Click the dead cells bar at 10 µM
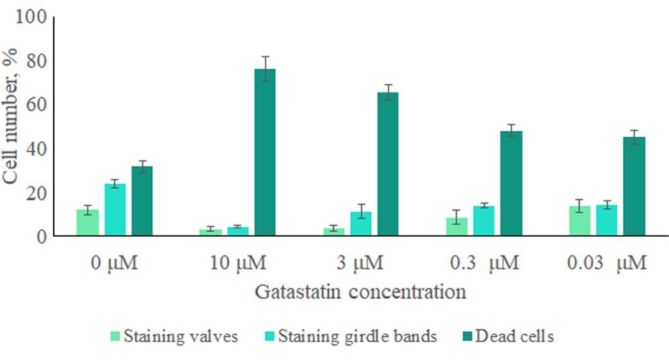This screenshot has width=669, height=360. coord(265,152)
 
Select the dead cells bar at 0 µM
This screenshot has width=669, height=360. coord(142,201)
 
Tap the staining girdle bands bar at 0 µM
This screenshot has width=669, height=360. coord(115,210)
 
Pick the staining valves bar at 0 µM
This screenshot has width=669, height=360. coord(87,223)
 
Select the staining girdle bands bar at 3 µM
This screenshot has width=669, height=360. coord(361,223)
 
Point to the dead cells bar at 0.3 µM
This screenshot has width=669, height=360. coord(511,183)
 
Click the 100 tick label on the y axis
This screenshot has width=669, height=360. coord(32,17)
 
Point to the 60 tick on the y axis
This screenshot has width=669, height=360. coord(39,104)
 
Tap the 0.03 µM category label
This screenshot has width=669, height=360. coord(607,262)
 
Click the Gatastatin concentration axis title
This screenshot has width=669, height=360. coord(360,292)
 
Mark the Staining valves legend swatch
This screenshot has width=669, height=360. coord(115,336)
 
